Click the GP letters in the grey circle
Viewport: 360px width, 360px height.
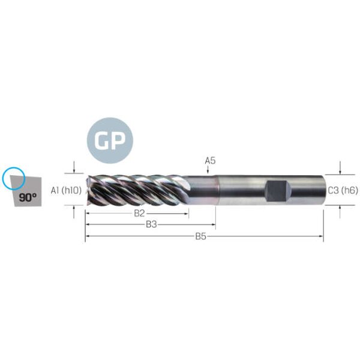[x=110, y=141]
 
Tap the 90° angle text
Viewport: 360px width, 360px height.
[x=28, y=197]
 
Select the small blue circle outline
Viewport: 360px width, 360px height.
[x=14, y=178]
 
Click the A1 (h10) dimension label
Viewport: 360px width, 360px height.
[x=66, y=190]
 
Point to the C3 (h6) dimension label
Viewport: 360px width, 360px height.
[x=343, y=190]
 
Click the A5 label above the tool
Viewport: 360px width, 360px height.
[x=211, y=160]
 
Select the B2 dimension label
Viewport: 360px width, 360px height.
[x=139, y=213]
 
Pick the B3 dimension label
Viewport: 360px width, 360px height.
[x=151, y=224]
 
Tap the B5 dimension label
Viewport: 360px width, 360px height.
[x=200, y=236]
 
